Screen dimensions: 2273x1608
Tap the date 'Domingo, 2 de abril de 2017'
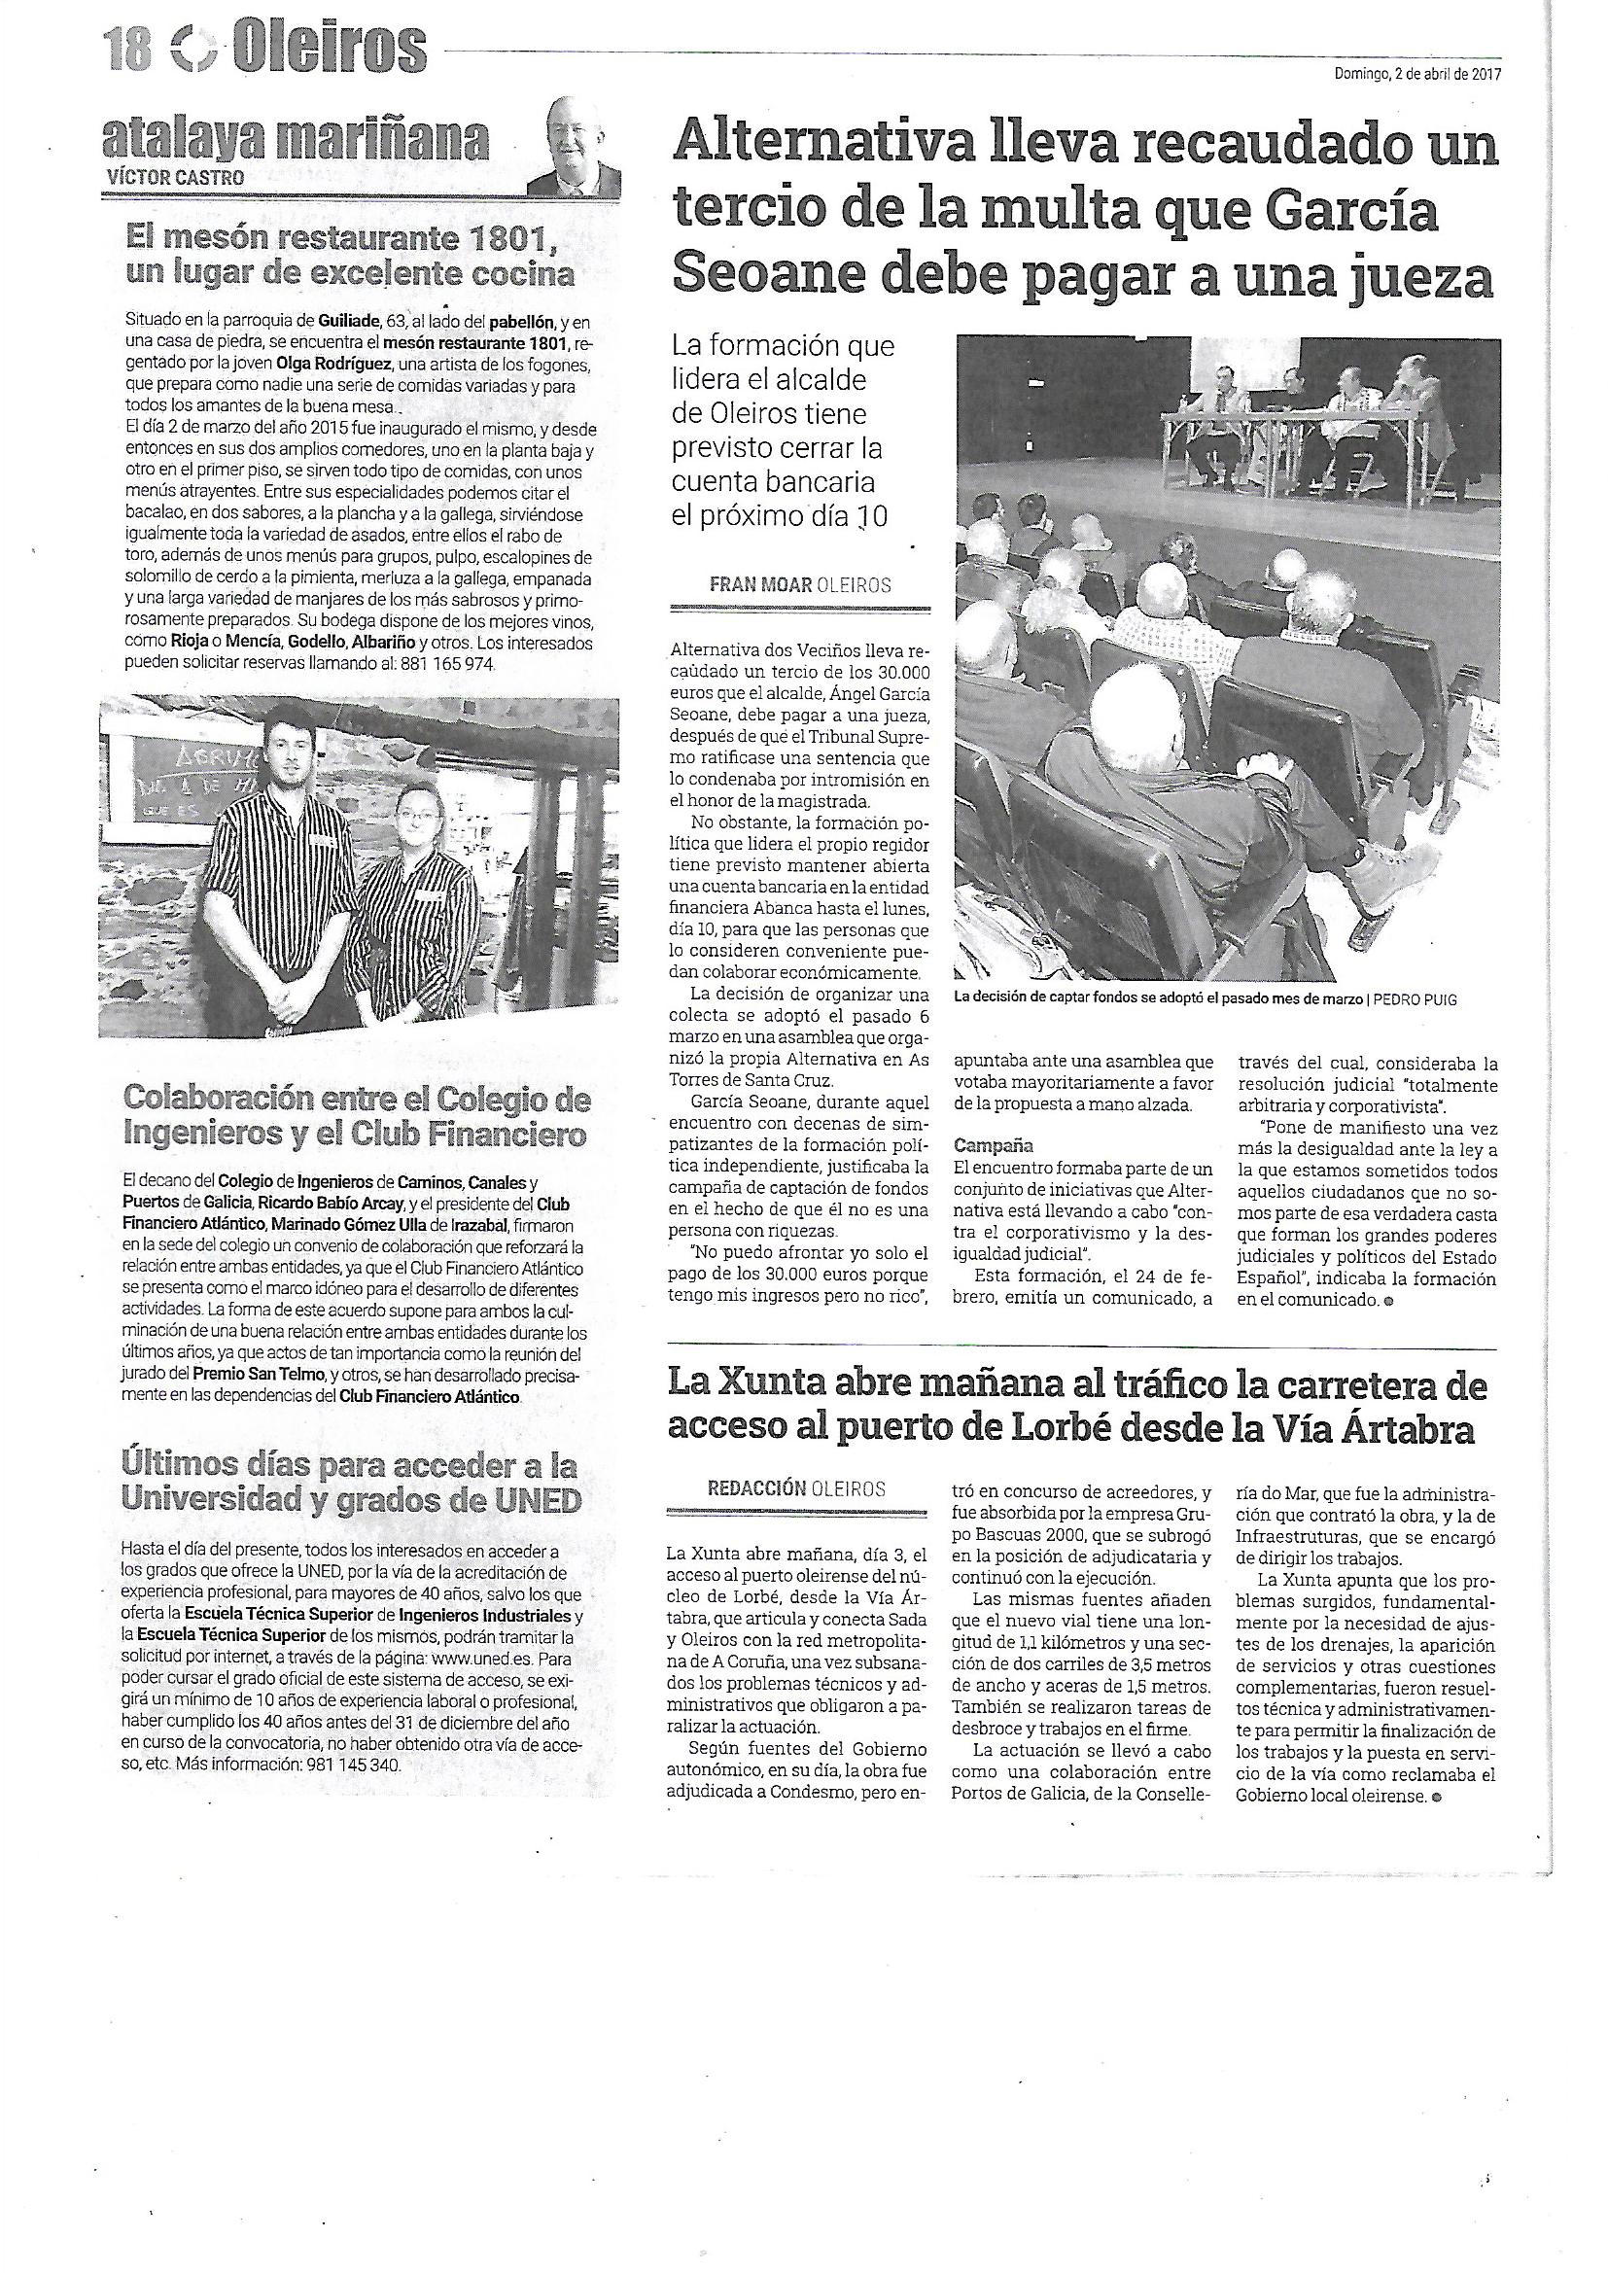coord(1417,72)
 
